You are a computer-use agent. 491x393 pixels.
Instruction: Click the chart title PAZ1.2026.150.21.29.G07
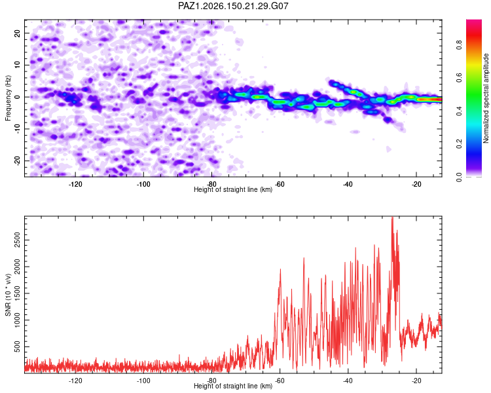tap(233, 6)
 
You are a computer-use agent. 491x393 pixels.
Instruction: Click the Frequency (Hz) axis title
tap(8, 98)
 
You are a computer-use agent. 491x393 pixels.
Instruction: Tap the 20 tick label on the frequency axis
tap(18, 33)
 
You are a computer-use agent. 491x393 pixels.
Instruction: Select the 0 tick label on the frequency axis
tap(18, 97)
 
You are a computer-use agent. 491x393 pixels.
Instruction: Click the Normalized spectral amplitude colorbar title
tap(486, 98)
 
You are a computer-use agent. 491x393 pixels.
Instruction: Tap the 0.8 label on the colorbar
tap(459, 45)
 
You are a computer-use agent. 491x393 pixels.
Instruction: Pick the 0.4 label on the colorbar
tap(459, 111)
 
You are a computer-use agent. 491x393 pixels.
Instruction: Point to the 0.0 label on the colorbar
tap(459, 177)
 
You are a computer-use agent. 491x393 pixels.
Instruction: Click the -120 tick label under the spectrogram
tap(75, 184)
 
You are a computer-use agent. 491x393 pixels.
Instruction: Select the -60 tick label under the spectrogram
tap(280, 184)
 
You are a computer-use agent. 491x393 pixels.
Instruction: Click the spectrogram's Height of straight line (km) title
tap(233, 189)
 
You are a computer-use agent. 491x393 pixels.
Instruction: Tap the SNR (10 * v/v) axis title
tap(8, 295)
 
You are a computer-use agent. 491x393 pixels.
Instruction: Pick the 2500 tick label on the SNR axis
tap(18, 240)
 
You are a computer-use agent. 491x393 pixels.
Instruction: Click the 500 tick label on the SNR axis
tap(18, 346)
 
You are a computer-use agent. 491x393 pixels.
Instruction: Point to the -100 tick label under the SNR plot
tap(143, 381)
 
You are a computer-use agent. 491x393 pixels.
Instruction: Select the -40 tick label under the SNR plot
tap(348, 381)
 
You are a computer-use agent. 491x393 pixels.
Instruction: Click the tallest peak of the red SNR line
tap(392, 217)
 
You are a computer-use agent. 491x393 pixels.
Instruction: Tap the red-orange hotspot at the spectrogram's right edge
tap(429, 99)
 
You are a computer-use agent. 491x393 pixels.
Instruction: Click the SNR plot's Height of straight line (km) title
tap(233, 386)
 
